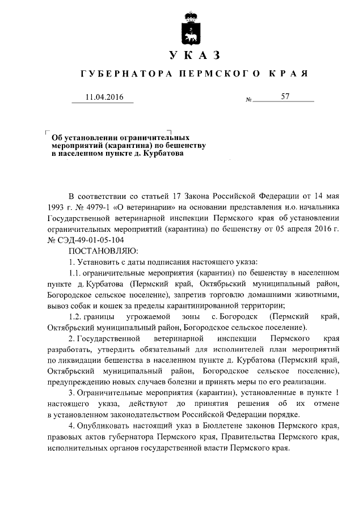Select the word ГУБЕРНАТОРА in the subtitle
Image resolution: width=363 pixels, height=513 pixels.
click(123, 74)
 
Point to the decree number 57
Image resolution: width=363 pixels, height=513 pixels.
click(285, 97)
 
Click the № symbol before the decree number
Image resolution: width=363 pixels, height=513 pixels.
click(248, 100)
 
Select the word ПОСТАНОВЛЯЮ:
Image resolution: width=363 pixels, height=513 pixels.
click(100, 249)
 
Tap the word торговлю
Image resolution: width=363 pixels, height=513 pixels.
click(235, 295)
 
